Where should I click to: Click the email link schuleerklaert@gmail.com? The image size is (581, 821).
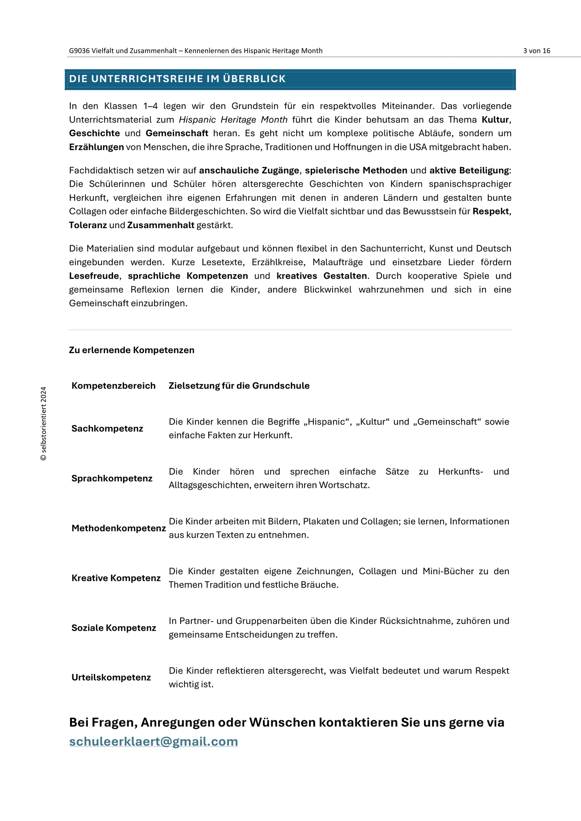pyautogui.click(x=153, y=741)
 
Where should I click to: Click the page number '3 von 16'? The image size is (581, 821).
pyautogui.click(x=536, y=51)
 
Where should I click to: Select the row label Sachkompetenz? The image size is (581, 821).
pyautogui.click(x=107, y=429)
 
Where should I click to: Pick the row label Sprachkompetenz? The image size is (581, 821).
pyautogui.click(x=112, y=478)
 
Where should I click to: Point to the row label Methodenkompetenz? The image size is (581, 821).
pyautogui.click(x=118, y=528)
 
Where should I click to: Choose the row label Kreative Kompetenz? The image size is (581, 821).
pyautogui.click(x=116, y=578)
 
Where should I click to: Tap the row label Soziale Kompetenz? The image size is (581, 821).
pyautogui.click(x=114, y=628)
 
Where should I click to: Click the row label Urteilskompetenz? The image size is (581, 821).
pyautogui.click(x=111, y=677)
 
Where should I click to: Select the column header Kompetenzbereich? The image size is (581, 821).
pyautogui.click(x=114, y=386)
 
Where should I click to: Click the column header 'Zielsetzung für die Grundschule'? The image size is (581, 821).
pyautogui.click(x=239, y=386)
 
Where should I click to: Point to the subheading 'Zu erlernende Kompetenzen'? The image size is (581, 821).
pyautogui.click(x=132, y=350)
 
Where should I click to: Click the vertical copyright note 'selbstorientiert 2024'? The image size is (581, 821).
pyautogui.click(x=44, y=423)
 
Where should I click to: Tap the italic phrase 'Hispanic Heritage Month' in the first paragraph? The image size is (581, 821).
pyautogui.click(x=233, y=119)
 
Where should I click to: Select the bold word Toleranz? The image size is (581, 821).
pyautogui.click(x=88, y=225)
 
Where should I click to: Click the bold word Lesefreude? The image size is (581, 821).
pyautogui.click(x=94, y=276)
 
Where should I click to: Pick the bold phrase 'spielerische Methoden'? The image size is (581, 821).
pyautogui.click(x=356, y=170)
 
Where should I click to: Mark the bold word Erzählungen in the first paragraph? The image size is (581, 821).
pyautogui.click(x=96, y=147)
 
